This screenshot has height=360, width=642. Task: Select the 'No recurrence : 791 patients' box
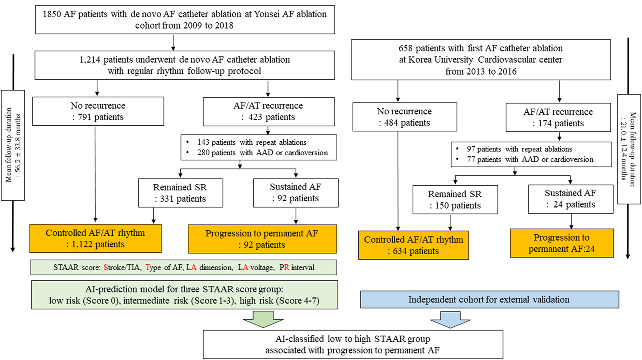click(98, 111)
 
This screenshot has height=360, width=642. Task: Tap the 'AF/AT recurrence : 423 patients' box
click(268, 111)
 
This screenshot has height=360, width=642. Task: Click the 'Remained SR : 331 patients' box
click(180, 193)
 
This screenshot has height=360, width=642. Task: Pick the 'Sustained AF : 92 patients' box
click(296, 193)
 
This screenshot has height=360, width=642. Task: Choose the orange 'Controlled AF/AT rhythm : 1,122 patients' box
click(95, 239)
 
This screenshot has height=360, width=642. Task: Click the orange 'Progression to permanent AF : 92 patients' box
click(262, 239)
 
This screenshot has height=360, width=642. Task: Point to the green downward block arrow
click(263, 319)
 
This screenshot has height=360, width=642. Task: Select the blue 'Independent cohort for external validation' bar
click(489, 300)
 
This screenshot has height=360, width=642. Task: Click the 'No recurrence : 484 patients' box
click(404, 117)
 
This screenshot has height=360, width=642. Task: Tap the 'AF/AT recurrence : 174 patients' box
click(558, 118)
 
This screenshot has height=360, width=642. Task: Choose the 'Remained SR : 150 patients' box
click(455, 200)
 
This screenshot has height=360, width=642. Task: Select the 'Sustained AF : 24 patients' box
click(570, 199)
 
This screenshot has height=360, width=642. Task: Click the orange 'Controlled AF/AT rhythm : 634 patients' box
click(413, 245)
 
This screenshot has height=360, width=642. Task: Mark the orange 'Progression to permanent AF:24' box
click(562, 243)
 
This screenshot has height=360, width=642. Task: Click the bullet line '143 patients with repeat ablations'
click(252, 142)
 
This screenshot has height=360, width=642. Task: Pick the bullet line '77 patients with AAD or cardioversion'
click(530, 159)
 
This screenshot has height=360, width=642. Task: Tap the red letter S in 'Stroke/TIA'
click(106, 268)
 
